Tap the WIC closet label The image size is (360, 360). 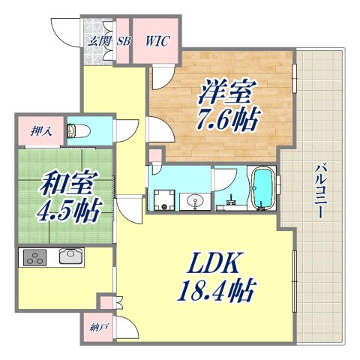tap(157, 41)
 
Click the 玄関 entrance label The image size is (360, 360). tap(97, 41)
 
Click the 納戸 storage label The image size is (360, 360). tap(91, 328)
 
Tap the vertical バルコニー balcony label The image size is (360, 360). tap(318, 191)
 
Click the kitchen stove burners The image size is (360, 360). tap(34, 257)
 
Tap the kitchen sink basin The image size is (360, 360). tap(68, 257)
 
